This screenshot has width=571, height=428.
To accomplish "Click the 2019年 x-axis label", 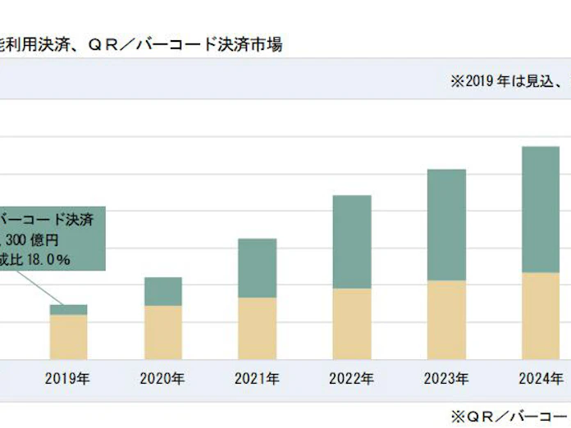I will coord(68,379).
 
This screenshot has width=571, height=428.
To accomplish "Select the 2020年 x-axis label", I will coord(162,379).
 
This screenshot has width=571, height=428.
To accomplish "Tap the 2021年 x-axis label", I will coord(257,379).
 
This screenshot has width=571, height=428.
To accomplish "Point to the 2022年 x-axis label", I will coord(352,379).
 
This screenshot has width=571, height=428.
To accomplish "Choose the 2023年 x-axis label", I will coord(446,379).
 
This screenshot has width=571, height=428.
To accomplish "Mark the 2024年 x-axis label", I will coord(541,379).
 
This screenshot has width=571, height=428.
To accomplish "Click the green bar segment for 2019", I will coord(68,310).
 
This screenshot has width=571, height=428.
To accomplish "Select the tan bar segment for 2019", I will coord(68,337).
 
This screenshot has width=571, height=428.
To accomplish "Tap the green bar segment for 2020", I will coord(162,291).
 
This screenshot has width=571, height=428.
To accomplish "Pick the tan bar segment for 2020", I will coord(162,332).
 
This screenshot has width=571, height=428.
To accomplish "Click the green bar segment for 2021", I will coord(257,268).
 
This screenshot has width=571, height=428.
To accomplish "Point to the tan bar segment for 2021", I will coord(257,328).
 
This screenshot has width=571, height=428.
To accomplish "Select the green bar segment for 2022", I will coord(352,242).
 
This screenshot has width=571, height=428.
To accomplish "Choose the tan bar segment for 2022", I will coord(352,324).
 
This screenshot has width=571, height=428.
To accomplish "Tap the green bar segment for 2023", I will coord(446,225).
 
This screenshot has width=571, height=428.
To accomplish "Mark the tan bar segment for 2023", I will coord(446,320).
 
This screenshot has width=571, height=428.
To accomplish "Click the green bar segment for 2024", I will coord(541,209).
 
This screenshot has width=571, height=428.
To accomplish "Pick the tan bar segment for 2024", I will coord(541,316).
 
